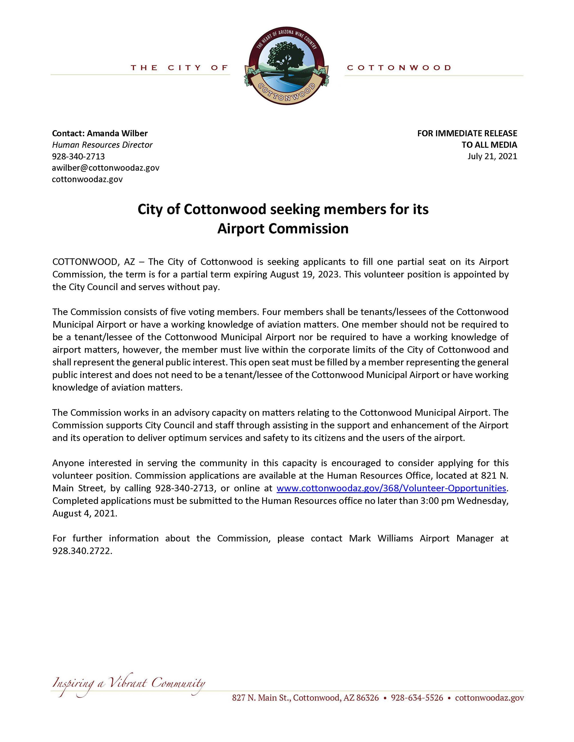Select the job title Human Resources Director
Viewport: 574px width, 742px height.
[102, 145]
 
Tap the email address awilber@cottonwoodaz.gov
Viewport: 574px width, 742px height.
[105, 168]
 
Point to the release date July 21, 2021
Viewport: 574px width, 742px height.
[492, 156]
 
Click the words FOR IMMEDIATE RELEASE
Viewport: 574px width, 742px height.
[467, 133]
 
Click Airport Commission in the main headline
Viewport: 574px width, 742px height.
[283, 228]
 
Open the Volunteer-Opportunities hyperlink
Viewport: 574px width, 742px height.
[391, 488]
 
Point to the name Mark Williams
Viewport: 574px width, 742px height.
[381, 539]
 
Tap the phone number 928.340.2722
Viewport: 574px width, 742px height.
[82, 551]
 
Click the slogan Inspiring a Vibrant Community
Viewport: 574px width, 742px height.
[129, 683]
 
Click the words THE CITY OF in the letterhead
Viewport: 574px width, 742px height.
[179, 68]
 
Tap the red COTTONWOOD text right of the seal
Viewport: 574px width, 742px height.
[399, 68]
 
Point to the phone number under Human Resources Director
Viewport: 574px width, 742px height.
[78, 156]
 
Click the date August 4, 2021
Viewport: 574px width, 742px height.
[84, 513]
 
